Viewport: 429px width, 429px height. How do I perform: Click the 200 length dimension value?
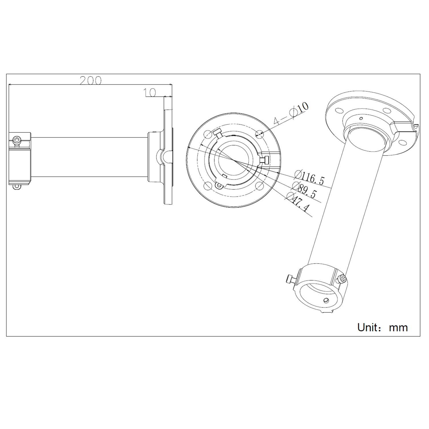90,81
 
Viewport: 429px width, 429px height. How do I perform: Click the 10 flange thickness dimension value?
150,92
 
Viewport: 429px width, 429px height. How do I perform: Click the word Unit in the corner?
369,327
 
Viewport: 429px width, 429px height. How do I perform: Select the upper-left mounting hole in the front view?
208,134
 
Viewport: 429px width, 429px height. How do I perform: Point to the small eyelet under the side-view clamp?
17,186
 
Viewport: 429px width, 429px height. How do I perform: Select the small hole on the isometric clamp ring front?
326,300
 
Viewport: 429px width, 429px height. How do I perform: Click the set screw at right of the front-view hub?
265,160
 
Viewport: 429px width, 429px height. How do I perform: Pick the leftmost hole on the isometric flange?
340,111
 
